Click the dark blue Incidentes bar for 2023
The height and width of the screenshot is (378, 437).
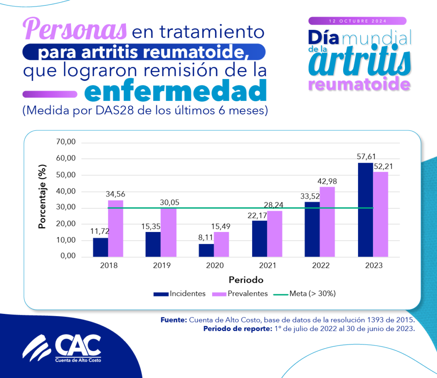click(x=366, y=210)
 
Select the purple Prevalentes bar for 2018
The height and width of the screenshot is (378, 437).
click(x=115, y=229)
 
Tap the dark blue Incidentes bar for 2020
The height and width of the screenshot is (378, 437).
click(x=206, y=250)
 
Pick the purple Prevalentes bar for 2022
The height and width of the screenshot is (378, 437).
click(x=327, y=222)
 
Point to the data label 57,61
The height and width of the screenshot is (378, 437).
click(x=366, y=156)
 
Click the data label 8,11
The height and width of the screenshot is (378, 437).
click(x=206, y=237)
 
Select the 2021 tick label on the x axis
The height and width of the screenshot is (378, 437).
click(x=268, y=265)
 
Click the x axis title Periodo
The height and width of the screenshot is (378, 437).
click(x=246, y=280)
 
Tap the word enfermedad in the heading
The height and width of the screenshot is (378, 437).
click(x=175, y=91)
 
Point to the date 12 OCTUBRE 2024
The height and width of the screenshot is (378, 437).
click(x=358, y=21)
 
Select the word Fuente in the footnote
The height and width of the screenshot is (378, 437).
click(x=173, y=320)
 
